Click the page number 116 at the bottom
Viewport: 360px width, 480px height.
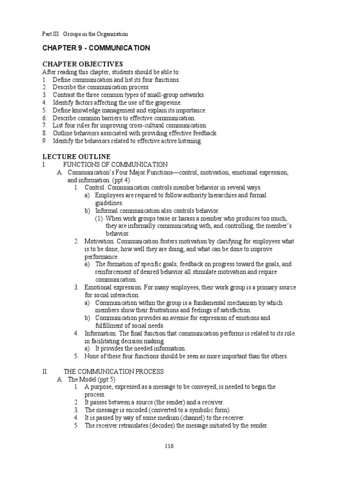[x=169, y=446]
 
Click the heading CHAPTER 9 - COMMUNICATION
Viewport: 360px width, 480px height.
[x=96, y=48]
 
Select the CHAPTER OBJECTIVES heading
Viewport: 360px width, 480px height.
[x=82, y=64]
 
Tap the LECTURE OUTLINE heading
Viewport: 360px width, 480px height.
[x=76, y=157]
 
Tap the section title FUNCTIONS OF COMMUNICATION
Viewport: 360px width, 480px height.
[x=115, y=165]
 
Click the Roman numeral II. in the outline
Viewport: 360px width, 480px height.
[x=45, y=371]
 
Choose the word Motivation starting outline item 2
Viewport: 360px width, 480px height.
[x=99, y=241]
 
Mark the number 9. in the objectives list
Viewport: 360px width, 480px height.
[x=45, y=141]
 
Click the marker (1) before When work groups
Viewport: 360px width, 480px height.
[x=99, y=218]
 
